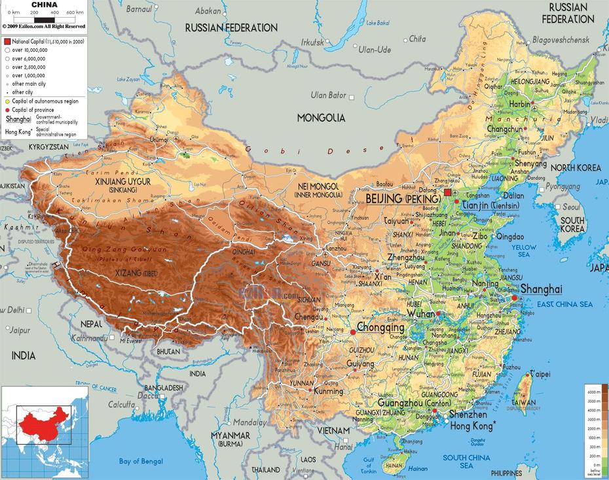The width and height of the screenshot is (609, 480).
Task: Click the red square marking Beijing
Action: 448,193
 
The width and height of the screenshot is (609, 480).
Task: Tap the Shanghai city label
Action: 541,289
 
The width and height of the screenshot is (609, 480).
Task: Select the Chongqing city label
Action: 380,328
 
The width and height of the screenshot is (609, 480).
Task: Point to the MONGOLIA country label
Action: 321,118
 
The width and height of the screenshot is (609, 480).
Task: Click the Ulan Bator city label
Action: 327,95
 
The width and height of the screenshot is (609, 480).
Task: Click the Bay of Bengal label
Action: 141,462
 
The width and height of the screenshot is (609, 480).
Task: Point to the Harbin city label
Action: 519,104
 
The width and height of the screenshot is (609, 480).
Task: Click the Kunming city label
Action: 328,391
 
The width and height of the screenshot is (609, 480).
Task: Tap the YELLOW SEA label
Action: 524,251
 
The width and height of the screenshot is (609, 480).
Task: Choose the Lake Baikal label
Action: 378,23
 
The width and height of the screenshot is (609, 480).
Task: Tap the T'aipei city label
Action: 540,373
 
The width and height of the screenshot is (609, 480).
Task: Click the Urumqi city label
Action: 159,140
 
